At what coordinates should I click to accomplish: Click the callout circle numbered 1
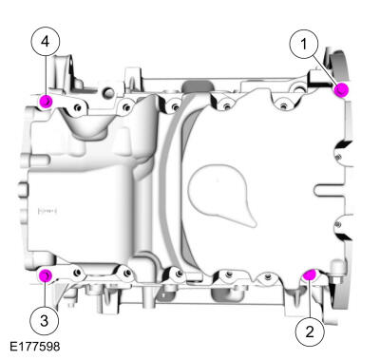(304, 44)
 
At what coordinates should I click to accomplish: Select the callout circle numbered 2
(310, 332)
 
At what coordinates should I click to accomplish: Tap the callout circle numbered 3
(45, 321)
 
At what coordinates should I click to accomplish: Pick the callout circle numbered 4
(46, 42)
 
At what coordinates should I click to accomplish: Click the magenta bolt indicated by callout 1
(341, 90)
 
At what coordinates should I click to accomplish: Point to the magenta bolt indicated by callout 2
(309, 275)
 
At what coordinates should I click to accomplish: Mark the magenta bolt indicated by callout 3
(46, 275)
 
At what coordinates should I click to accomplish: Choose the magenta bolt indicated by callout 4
(46, 101)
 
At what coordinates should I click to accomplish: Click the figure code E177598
(35, 347)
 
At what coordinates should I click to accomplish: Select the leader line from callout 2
(310, 297)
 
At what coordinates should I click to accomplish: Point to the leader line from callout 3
(45, 294)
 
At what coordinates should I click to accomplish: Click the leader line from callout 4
(46, 75)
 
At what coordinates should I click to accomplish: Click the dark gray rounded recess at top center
(199, 85)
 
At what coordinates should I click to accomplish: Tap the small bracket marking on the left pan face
(47, 210)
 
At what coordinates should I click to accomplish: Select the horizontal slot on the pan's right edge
(330, 191)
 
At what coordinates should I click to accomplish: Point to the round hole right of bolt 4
(108, 93)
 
